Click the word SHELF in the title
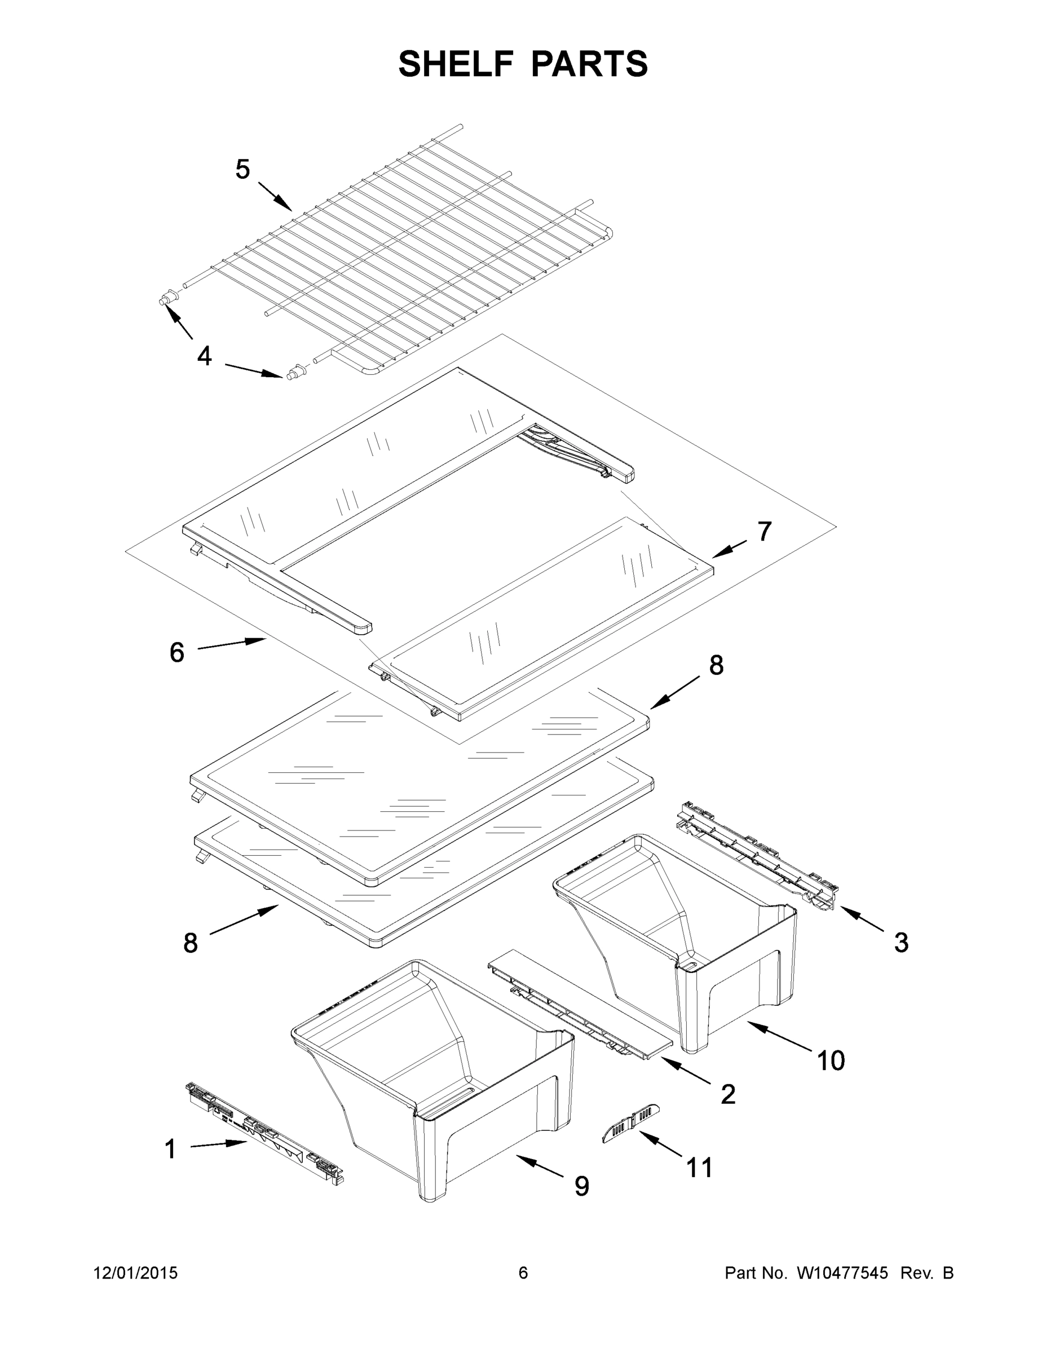pos(456,64)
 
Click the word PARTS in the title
pos(589,64)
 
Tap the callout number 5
pos(242,169)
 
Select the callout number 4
pos(204,356)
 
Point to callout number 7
pos(765,532)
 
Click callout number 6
pos(176,652)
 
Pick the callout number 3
pos(901,942)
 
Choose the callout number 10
pos(831,1060)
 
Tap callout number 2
pos(728,1095)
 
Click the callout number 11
pos(700,1168)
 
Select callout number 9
pos(581,1186)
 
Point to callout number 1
pos(170,1149)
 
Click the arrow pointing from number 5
pos(275,196)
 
